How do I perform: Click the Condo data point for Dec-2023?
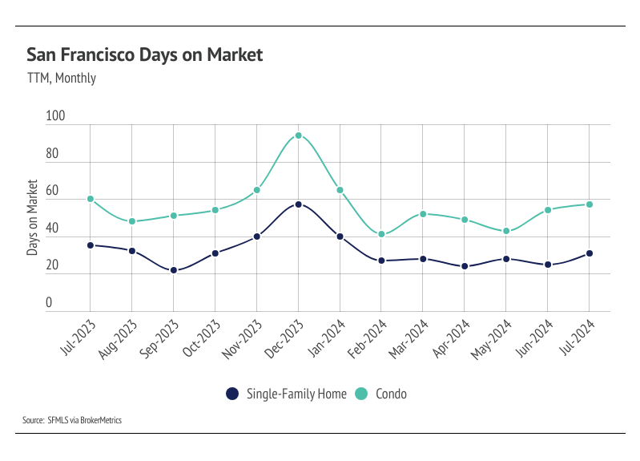coord(298,135)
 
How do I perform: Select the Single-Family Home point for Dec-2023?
coord(298,204)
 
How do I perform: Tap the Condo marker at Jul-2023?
coord(90,199)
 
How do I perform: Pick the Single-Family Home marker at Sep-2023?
coord(173,270)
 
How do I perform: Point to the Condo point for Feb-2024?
coord(381,234)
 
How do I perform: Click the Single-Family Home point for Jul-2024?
coord(590,253)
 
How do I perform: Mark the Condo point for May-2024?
coord(506,231)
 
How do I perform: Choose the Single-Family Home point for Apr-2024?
coord(465,266)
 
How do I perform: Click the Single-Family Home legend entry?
coord(286,394)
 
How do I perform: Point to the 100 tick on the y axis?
coord(54,117)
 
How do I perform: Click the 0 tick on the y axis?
coord(48,304)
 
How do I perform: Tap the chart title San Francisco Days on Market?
coord(144,55)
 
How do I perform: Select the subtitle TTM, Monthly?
coord(61,79)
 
